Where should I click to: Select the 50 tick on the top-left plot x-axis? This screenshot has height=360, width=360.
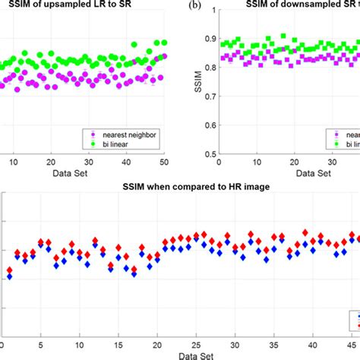tap(165, 161)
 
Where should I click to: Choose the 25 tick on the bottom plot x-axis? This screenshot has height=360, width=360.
tap(196, 346)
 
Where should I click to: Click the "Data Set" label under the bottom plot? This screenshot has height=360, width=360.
tap(179, 355)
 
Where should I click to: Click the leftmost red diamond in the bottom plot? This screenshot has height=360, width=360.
tap(10, 270)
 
